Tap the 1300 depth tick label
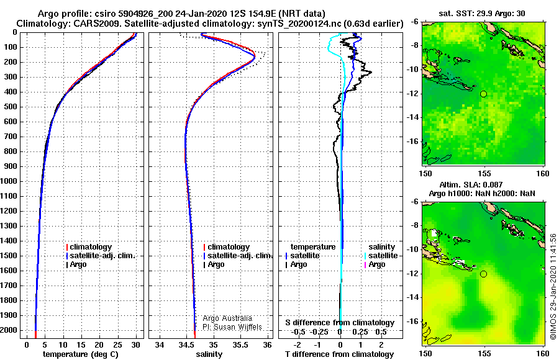pos(9,226)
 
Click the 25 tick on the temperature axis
pos(117,345)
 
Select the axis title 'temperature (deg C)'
pos(81,354)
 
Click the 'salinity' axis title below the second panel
pos(209,354)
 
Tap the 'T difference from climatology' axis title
pos(339,354)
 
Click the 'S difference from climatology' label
pos(340,323)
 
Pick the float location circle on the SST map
pos(483,94)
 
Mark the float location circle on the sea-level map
pos(483,274)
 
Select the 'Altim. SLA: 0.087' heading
pos(471,184)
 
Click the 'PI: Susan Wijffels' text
pos(232,327)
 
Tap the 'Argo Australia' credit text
pos(227,318)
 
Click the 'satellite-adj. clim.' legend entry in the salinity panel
pos(238,256)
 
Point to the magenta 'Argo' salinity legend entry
pos(375,264)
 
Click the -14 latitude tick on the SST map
pos(413,117)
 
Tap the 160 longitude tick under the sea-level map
pos(543,354)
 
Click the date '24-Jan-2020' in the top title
pos(201,14)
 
